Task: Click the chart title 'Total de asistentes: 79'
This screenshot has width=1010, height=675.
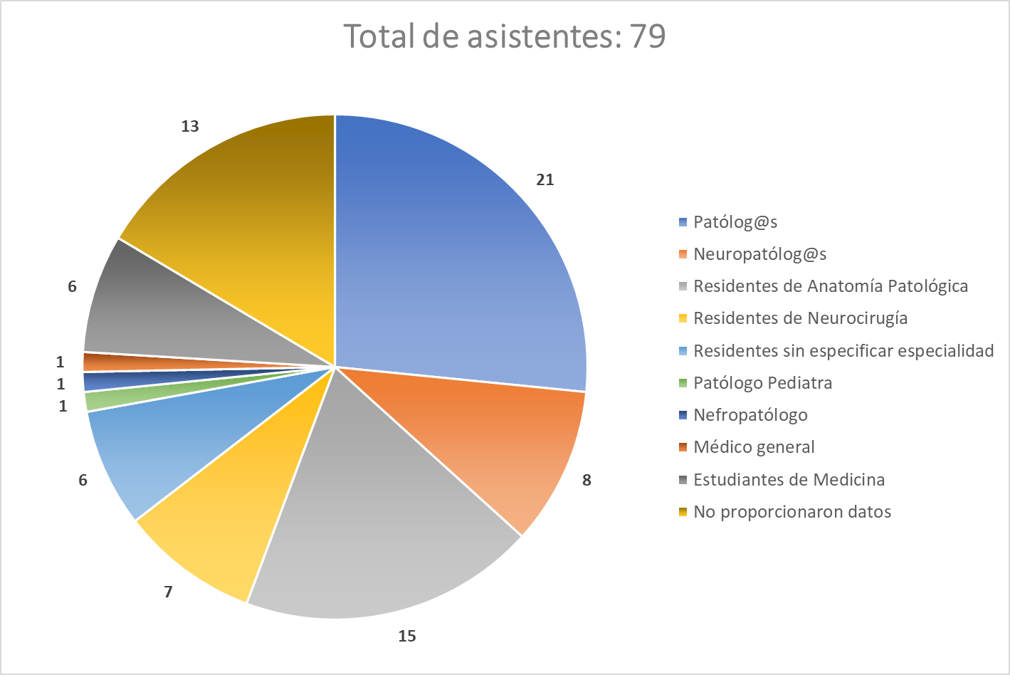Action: pyautogui.click(x=505, y=36)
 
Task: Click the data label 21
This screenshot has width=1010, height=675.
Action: pyautogui.click(x=545, y=180)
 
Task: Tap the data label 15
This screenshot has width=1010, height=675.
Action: pyautogui.click(x=406, y=636)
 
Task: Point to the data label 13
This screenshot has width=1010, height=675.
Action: pyautogui.click(x=190, y=127)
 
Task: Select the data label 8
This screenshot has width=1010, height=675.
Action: pyautogui.click(x=586, y=481)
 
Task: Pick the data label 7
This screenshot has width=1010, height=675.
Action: pyautogui.click(x=168, y=592)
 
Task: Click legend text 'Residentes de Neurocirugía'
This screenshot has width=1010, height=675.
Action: pyautogui.click(x=800, y=318)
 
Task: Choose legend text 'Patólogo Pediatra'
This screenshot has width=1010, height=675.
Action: pyautogui.click(x=762, y=383)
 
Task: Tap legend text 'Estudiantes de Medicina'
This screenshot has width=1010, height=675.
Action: pyautogui.click(x=789, y=480)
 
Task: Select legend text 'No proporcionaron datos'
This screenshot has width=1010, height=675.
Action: pyautogui.click(x=792, y=512)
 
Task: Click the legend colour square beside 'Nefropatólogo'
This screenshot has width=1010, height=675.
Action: pyautogui.click(x=683, y=415)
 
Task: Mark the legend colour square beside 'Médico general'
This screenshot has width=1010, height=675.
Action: pyautogui.click(x=683, y=447)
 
